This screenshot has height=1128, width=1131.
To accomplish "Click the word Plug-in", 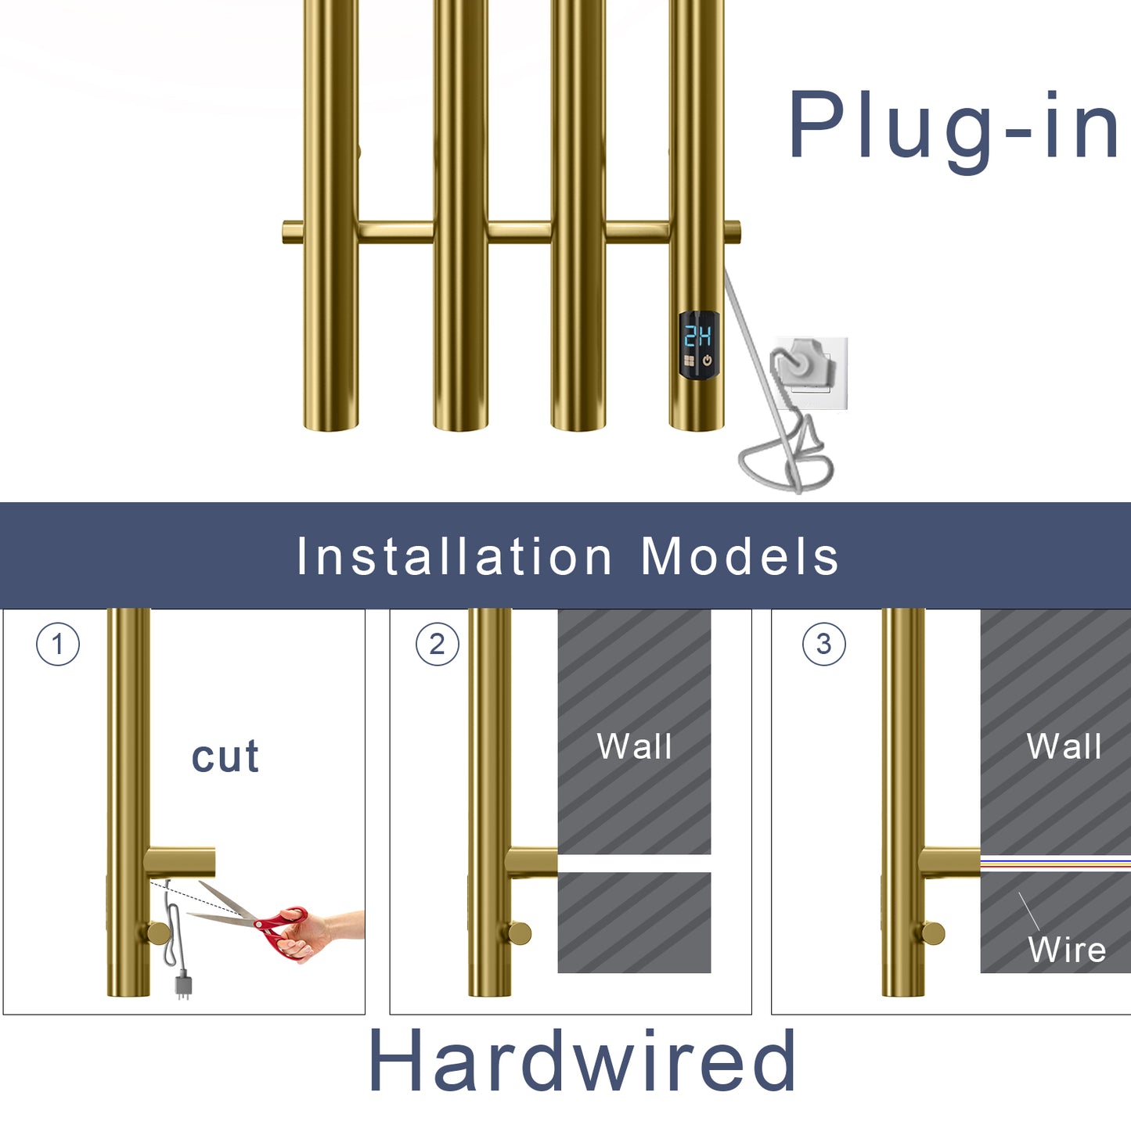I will click(x=953, y=127).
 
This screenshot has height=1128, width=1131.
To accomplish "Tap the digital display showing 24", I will click(x=698, y=336).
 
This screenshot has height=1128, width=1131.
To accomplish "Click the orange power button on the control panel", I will click(x=708, y=361).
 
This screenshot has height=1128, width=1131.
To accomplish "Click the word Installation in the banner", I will click(x=454, y=556).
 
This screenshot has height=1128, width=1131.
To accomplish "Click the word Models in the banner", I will click(x=740, y=556).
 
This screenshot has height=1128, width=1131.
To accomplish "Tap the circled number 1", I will click(x=58, y=645).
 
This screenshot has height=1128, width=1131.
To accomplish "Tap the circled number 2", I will click(x=437, y=645).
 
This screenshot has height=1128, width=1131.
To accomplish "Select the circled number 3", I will click(x=823, y=645).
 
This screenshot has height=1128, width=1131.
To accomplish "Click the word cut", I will click(x=225, y=756).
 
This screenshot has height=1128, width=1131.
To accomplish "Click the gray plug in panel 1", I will click(x=183, y=983).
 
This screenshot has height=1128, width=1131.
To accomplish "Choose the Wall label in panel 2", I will click(x=634, y=746).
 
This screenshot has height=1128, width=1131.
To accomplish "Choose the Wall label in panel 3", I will click(x=1064, y=746).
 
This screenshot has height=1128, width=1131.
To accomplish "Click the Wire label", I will click(x=1067, y=950).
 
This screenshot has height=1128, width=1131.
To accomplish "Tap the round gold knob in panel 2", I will click(x=518, y=932).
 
